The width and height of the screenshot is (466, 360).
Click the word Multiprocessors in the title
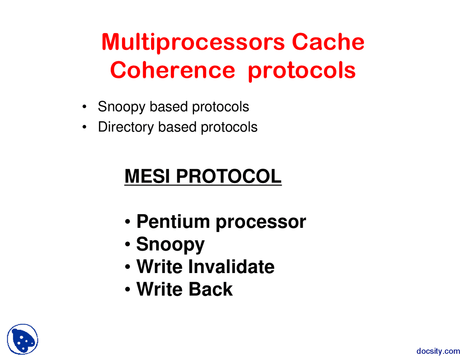tap(193, 42)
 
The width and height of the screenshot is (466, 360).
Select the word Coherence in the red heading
tap(173, 70)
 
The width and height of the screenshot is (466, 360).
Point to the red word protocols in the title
tap(301, 71)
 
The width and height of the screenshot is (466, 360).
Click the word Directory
tap(126, 127)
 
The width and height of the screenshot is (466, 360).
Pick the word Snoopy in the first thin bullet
tap(122, 107)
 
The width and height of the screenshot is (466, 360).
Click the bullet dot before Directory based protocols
tap(84, 127)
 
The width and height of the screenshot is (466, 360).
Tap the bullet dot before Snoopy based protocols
tap(84, 107)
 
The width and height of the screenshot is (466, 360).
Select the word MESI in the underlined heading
tap(147, 176)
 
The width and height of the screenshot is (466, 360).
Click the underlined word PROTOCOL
tap(229, 176)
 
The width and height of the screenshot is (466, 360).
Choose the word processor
tap(261, 222)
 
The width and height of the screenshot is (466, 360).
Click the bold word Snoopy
tap(170, 245)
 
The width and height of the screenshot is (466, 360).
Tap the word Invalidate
tap(231, 266)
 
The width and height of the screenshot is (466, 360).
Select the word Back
tap(210, 289)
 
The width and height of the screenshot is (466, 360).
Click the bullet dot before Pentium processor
tap(127, 222)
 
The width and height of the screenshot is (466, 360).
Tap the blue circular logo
tap(23, 339)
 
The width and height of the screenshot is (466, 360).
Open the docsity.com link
tap(438, 351)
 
